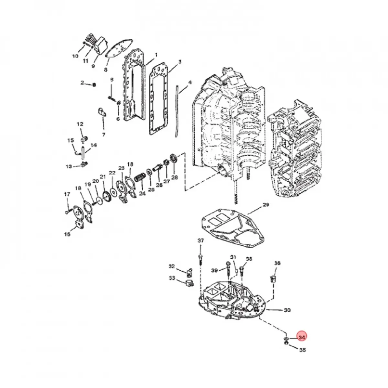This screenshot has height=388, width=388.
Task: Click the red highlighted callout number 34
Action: (302, 337)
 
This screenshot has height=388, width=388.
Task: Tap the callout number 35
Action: (302, 350)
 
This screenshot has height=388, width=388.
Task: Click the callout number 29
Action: (265, 205)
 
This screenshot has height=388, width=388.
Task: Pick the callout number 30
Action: (287, 310)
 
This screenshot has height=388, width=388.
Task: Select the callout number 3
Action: (180, 61)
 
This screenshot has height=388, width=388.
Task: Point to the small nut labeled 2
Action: (94, 85)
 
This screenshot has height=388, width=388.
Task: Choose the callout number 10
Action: (75, 56)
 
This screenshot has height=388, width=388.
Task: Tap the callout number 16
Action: (67, 234)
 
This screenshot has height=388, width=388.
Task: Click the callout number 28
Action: (175, 177)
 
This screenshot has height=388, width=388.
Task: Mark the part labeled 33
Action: (188, 284)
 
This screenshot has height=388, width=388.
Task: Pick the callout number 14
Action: (93, 145)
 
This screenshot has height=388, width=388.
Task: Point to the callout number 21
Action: (102, 177)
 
